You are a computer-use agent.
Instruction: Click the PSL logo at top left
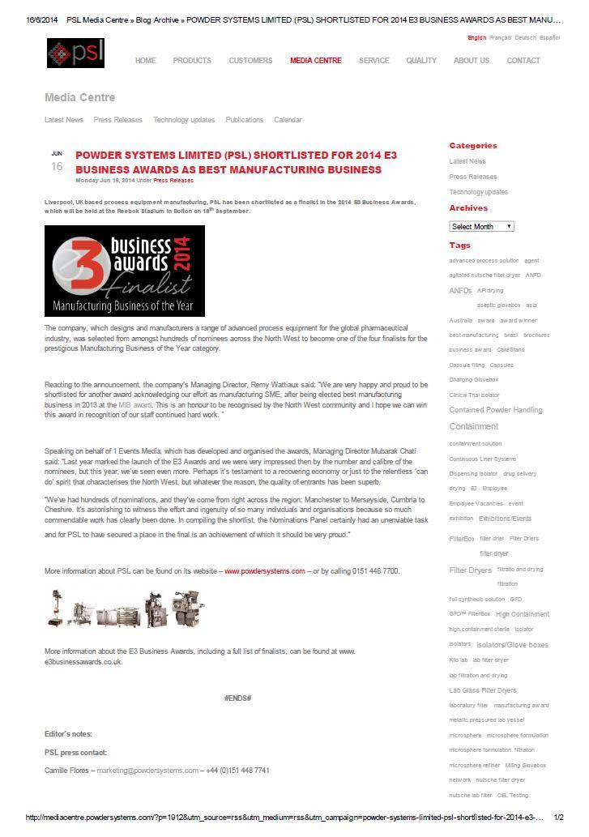[x=75, y=53]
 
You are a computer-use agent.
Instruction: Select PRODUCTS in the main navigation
[x=192, y=61]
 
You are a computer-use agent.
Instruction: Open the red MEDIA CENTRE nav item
[x=316, y=61]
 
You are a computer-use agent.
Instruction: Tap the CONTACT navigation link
[x=523, y=61]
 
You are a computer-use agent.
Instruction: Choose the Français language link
[x=500, y=38]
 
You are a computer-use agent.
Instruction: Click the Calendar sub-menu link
[x=288, y=120]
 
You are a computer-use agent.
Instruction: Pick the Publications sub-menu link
[x=244, y=120]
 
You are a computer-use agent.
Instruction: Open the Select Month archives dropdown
[x=481, y=227]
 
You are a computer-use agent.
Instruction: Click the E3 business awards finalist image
[x=125, y=271]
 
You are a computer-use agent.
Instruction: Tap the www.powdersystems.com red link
[x=264, y=571]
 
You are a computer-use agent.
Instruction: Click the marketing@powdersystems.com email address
[x=147, y=771]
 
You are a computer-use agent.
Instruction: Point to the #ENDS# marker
[x=237, y=698]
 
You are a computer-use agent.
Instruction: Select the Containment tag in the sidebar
[x=474, y=426]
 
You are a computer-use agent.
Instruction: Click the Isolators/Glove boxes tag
[x=512, y=645]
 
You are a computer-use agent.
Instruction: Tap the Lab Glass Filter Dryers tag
[x=482, y=690]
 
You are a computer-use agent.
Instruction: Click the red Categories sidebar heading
[x=473, y=146]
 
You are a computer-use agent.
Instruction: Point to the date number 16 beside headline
[x=57, y=167]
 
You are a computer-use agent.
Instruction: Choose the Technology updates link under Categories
[x=479, y=192]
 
